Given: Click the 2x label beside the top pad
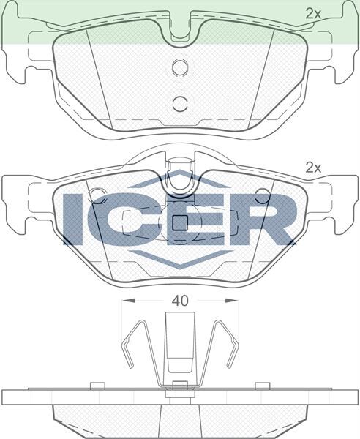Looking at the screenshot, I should (x=313, y=13).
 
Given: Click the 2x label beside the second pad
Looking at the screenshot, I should (x=313, y=168).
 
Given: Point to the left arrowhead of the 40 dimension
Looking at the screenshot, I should (x=127, y=301).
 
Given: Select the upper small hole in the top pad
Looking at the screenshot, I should (x=179, y=68).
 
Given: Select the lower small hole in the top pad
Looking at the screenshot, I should (x=179, y=102).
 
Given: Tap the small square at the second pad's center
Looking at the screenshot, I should (x=179, y=223).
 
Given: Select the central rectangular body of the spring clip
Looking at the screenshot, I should (x=179, y=344).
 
